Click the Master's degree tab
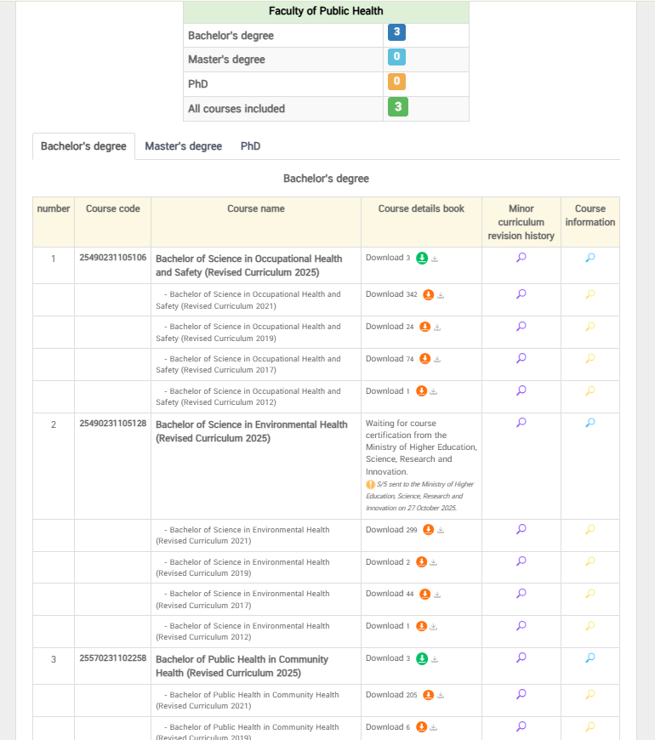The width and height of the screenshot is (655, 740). [183, 146]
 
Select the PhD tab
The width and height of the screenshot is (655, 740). [250, 146]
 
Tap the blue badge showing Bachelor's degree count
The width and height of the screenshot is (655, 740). [396, 33]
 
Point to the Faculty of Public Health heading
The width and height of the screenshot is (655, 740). [326, 11]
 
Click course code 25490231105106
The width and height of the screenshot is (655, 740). [113, 258]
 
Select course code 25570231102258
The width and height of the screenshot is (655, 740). [113, 658]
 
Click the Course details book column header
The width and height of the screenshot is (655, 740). [421, 208]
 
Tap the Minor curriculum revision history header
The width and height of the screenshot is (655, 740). [521, 222]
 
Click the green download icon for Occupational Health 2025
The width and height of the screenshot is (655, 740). [422, 259]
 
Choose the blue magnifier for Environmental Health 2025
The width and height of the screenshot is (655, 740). [590, 423]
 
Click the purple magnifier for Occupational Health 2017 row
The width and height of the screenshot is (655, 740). [521, 359]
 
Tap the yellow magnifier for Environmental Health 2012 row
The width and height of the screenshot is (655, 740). [590, 626]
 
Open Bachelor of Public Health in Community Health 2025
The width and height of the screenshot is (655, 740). [242, 666]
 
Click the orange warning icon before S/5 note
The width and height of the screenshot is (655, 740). [370, 484]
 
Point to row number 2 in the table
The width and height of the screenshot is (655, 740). [54, 424]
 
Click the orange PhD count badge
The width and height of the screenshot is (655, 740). [396, 83]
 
